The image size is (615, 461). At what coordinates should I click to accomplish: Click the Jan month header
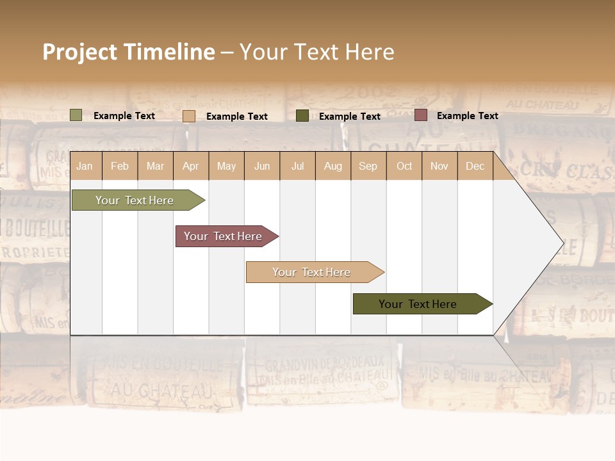point(85,166)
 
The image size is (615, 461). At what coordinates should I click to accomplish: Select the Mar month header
point(155,166)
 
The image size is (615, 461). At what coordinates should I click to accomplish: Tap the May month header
point(226,166)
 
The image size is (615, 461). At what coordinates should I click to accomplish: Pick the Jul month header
point(297,166)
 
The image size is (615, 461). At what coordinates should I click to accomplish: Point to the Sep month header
point(368,166)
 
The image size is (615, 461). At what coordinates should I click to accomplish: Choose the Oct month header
point(404,166)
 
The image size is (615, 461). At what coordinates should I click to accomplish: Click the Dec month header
point(475,166)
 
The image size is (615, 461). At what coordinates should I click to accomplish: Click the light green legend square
point(76,115)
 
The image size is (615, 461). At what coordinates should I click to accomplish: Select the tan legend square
point(189,116)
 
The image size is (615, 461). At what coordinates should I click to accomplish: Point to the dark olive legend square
point(302,116)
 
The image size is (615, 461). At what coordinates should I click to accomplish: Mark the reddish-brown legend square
point(421,115)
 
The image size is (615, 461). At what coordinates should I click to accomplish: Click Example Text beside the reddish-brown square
point(467,116)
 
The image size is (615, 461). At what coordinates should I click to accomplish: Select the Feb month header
point(120,166)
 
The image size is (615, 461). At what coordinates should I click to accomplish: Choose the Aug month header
point(332,166)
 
